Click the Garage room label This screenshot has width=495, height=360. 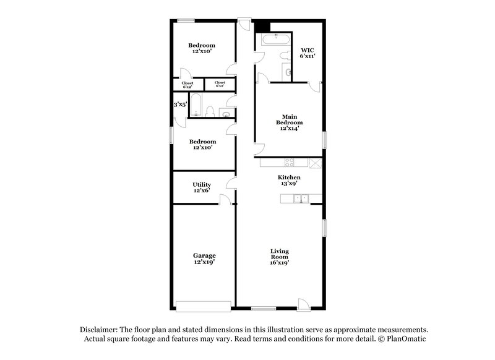204,255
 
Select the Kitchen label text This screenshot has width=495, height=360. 288,178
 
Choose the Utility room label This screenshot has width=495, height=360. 202,184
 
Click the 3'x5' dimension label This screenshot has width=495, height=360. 180,105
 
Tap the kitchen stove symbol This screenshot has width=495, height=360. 288,163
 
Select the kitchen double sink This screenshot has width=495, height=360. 300,199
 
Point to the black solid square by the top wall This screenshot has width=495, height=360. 262,27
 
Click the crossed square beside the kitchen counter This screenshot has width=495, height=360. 315,163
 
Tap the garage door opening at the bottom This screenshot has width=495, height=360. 204,306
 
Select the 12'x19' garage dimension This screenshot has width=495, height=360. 204,262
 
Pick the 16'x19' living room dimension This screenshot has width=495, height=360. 280,262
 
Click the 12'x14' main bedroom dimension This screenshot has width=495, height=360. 289,129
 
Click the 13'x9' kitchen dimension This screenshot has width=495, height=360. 288,184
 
